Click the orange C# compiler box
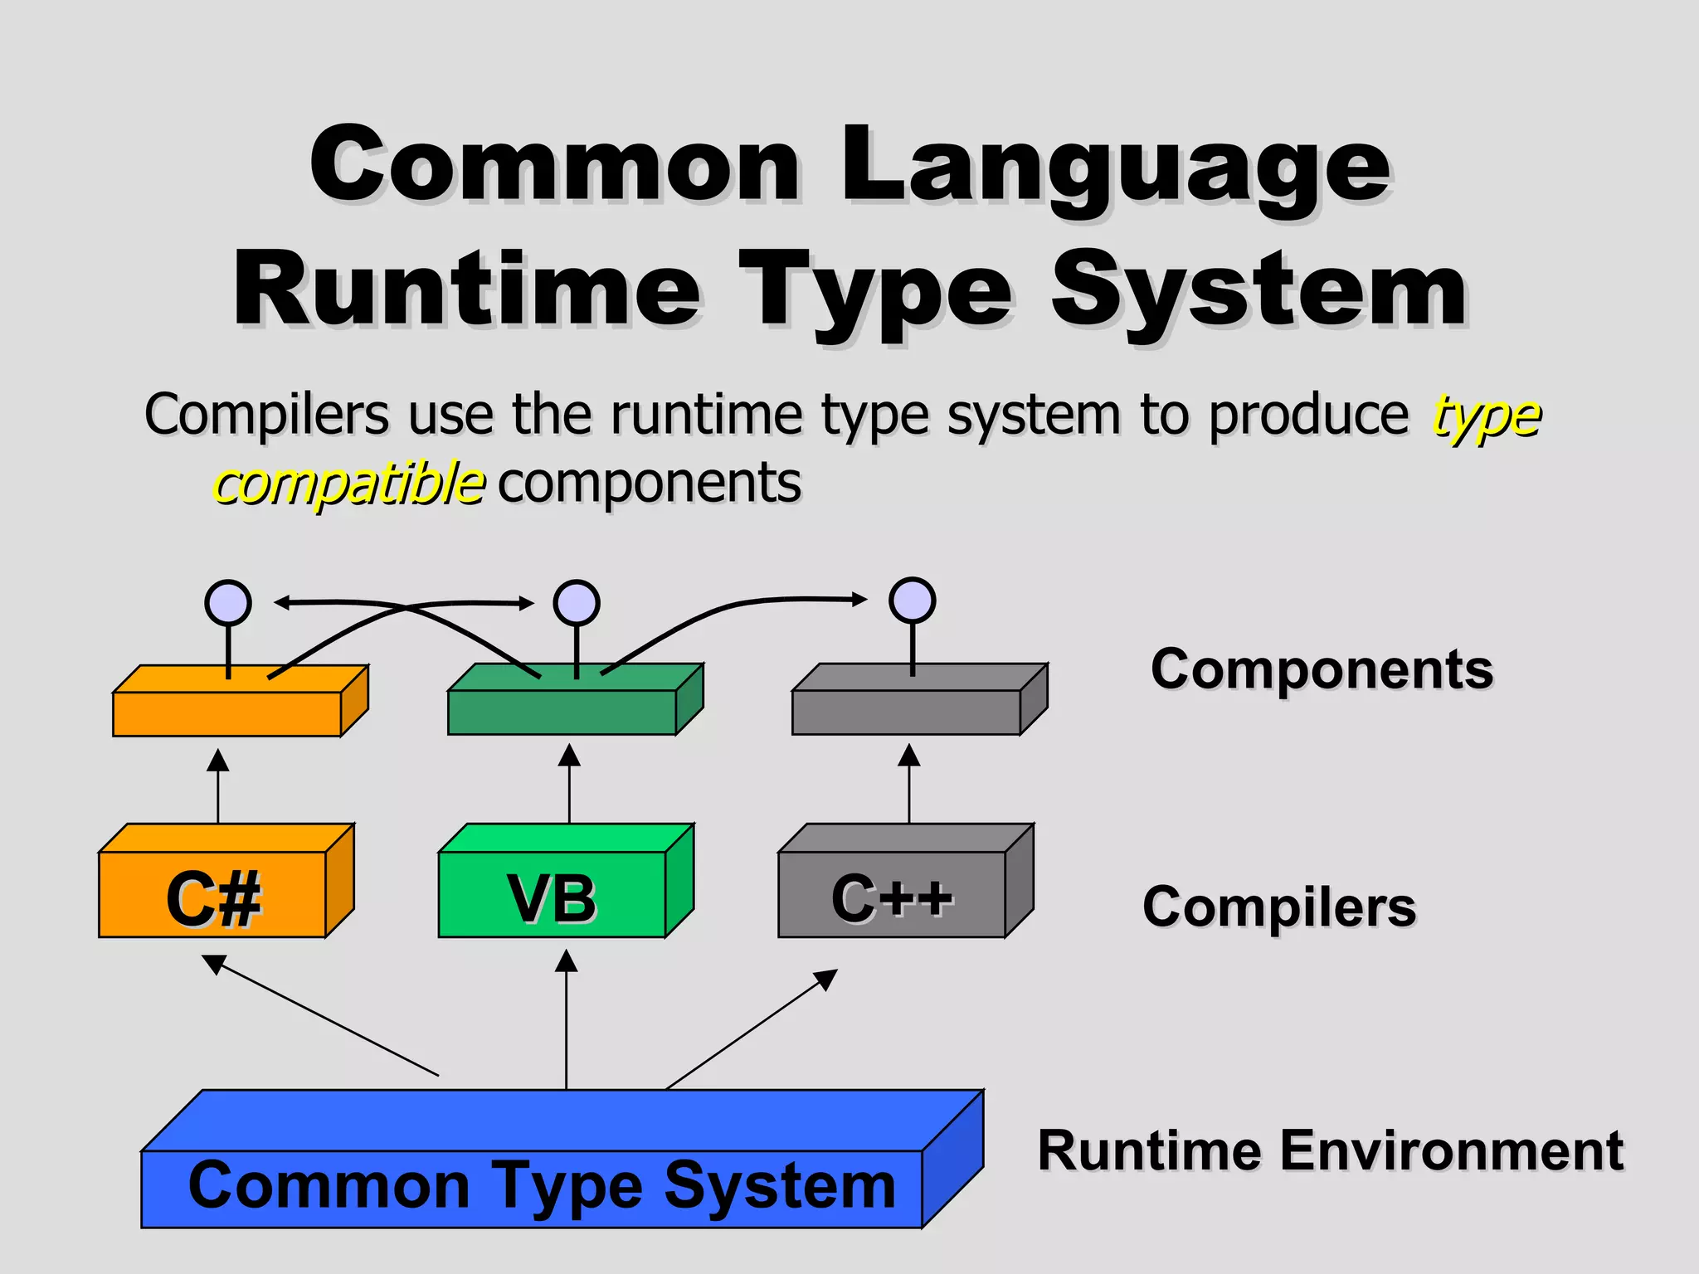(x=213, y=894)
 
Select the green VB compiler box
(x=553, y=894)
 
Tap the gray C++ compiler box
(x=892, y=894)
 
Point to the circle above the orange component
(x=228, y=603)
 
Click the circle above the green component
(x=577, y=603)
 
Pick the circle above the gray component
(x=913, y=601)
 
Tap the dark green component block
(x=562, y=712)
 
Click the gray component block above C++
(x=907, y=712)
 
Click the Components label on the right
(x=1322, y=669)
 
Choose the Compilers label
(x=1279, y=906)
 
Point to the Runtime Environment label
(x=1330, y=1150)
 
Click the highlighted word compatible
(x=349, y=484)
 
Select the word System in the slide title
(x=1258, y=290)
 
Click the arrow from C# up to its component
(x=217, y=786)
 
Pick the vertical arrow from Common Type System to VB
(x=567, y=1020)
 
